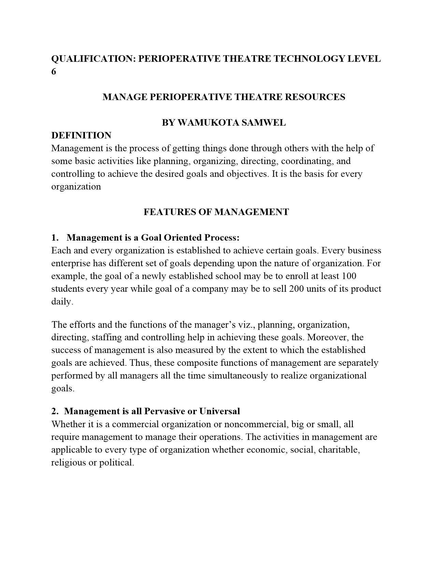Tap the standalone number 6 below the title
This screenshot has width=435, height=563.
point(54,72)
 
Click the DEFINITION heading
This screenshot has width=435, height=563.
point(81,135)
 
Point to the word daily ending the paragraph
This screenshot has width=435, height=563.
point(62,302)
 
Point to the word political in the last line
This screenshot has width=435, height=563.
point(116,463)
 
